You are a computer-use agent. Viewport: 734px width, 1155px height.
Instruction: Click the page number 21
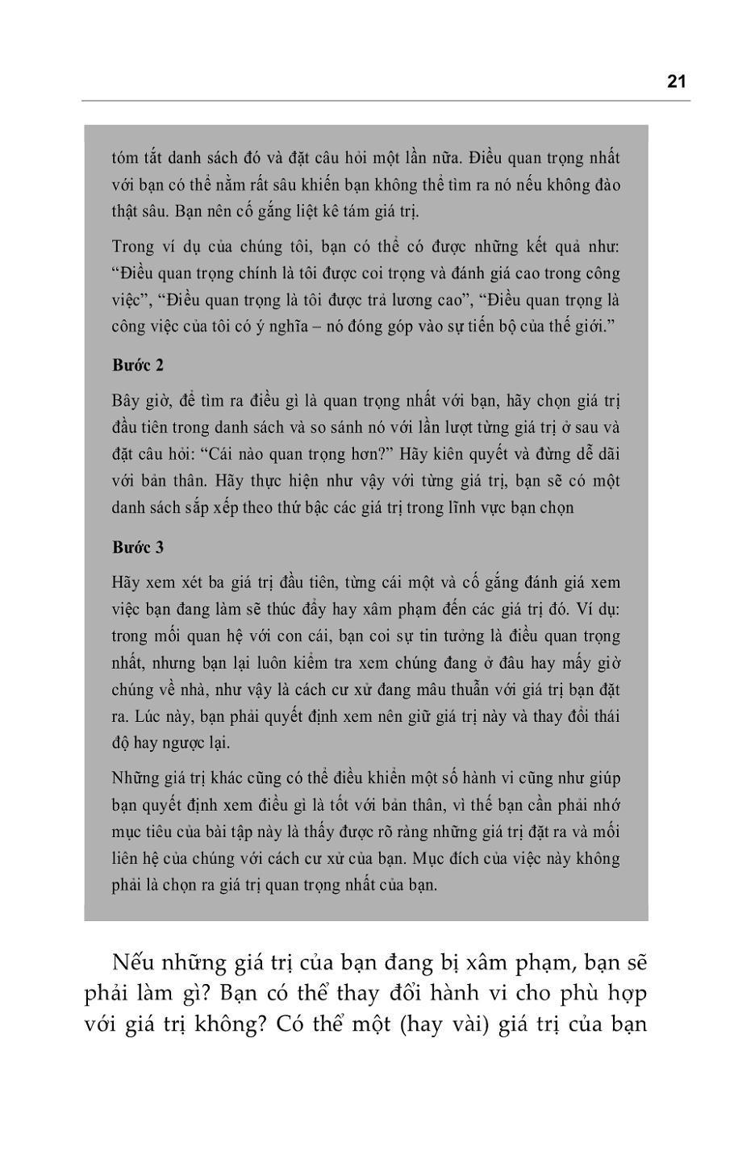point(676,81)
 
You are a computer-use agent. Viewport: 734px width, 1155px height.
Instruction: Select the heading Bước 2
point(138,365)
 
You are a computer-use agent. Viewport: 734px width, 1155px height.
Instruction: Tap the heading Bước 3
point(138,548)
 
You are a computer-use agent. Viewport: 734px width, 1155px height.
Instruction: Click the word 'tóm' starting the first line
point(125,157)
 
